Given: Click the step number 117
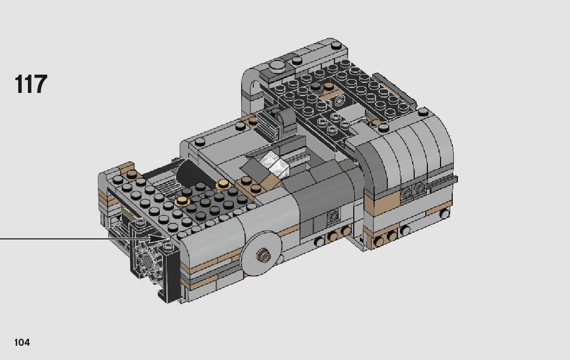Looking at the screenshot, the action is (x=31, y=84).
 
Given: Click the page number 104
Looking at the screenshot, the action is (x=22, y=342).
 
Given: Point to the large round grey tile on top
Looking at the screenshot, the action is (x=277, y=66).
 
